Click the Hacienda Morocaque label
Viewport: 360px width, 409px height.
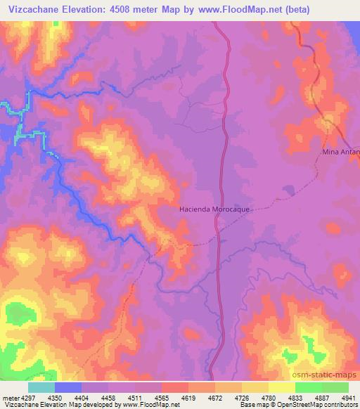point(215,209)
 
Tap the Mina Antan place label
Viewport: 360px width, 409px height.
point(341,152)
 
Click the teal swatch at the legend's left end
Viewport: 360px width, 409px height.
point(41,388)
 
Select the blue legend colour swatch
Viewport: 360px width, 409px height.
point(68,388)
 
